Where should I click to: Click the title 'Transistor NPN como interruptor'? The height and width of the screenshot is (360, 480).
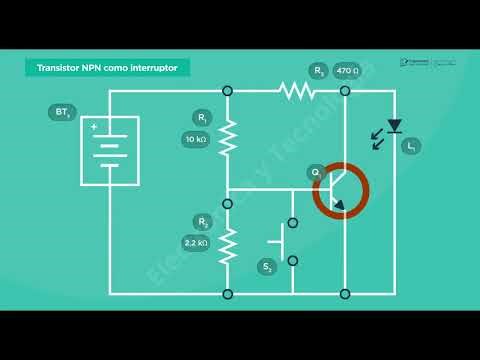click(x=107, y=67)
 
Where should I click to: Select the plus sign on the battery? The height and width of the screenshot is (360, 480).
click(x=94, y=127)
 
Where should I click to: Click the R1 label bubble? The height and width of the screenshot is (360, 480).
click(x=203, y=118)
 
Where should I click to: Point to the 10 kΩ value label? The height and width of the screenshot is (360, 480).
click(x=195, y=139)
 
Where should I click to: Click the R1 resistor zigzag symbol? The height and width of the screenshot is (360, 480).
click(x=227, y=137)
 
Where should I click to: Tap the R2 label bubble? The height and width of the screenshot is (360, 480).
click(x=203, y=222)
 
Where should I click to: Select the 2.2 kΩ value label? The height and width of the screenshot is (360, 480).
click(x=195, y=243)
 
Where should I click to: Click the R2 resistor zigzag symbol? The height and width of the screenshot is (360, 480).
click(x=227, y=243)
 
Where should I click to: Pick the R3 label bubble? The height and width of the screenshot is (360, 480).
click(x=319, y=71)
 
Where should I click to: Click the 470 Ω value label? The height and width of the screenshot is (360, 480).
click(x=347, y=71)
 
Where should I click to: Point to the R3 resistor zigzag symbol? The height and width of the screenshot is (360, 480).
click(x=297, y=91)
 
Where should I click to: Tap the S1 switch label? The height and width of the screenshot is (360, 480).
click(x=267, y=267)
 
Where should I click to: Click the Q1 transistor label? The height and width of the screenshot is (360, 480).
click(x=316, y=173)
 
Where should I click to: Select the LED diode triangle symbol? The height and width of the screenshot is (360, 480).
click(x=394, y=125)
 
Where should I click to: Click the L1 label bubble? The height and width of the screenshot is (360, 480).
click(x=411, y=147)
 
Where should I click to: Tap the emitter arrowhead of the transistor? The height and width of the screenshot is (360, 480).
click(x=339, y=207)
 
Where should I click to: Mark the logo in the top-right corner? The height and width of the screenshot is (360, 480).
click(x=427, y=62)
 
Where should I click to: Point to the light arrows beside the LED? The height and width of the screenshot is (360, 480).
click(x=377, y=139)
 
